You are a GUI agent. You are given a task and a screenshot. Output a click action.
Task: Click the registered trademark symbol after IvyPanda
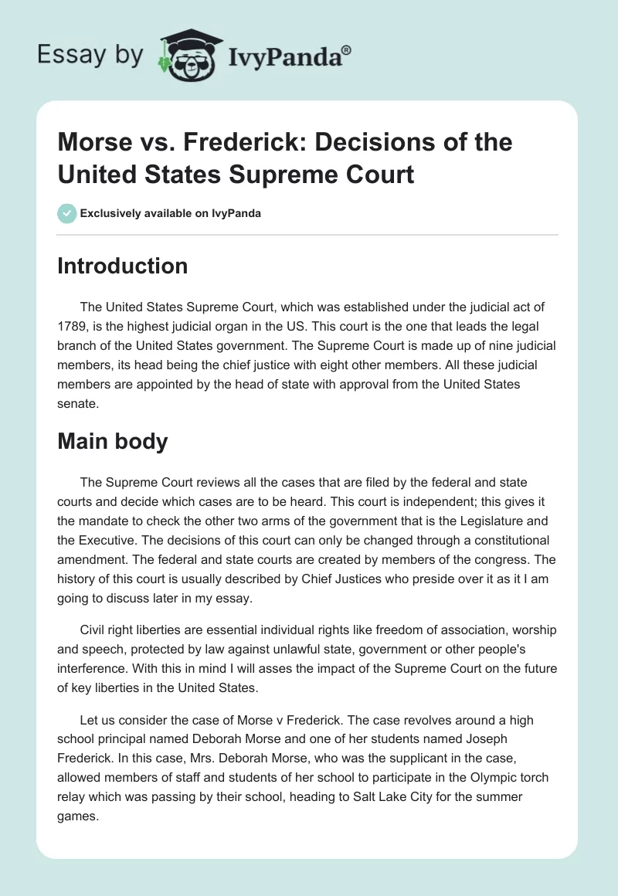tap(346, 50)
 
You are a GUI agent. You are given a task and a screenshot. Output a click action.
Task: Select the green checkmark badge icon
tap(66, 213)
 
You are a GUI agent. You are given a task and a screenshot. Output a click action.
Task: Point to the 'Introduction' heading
tap(123, 266)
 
